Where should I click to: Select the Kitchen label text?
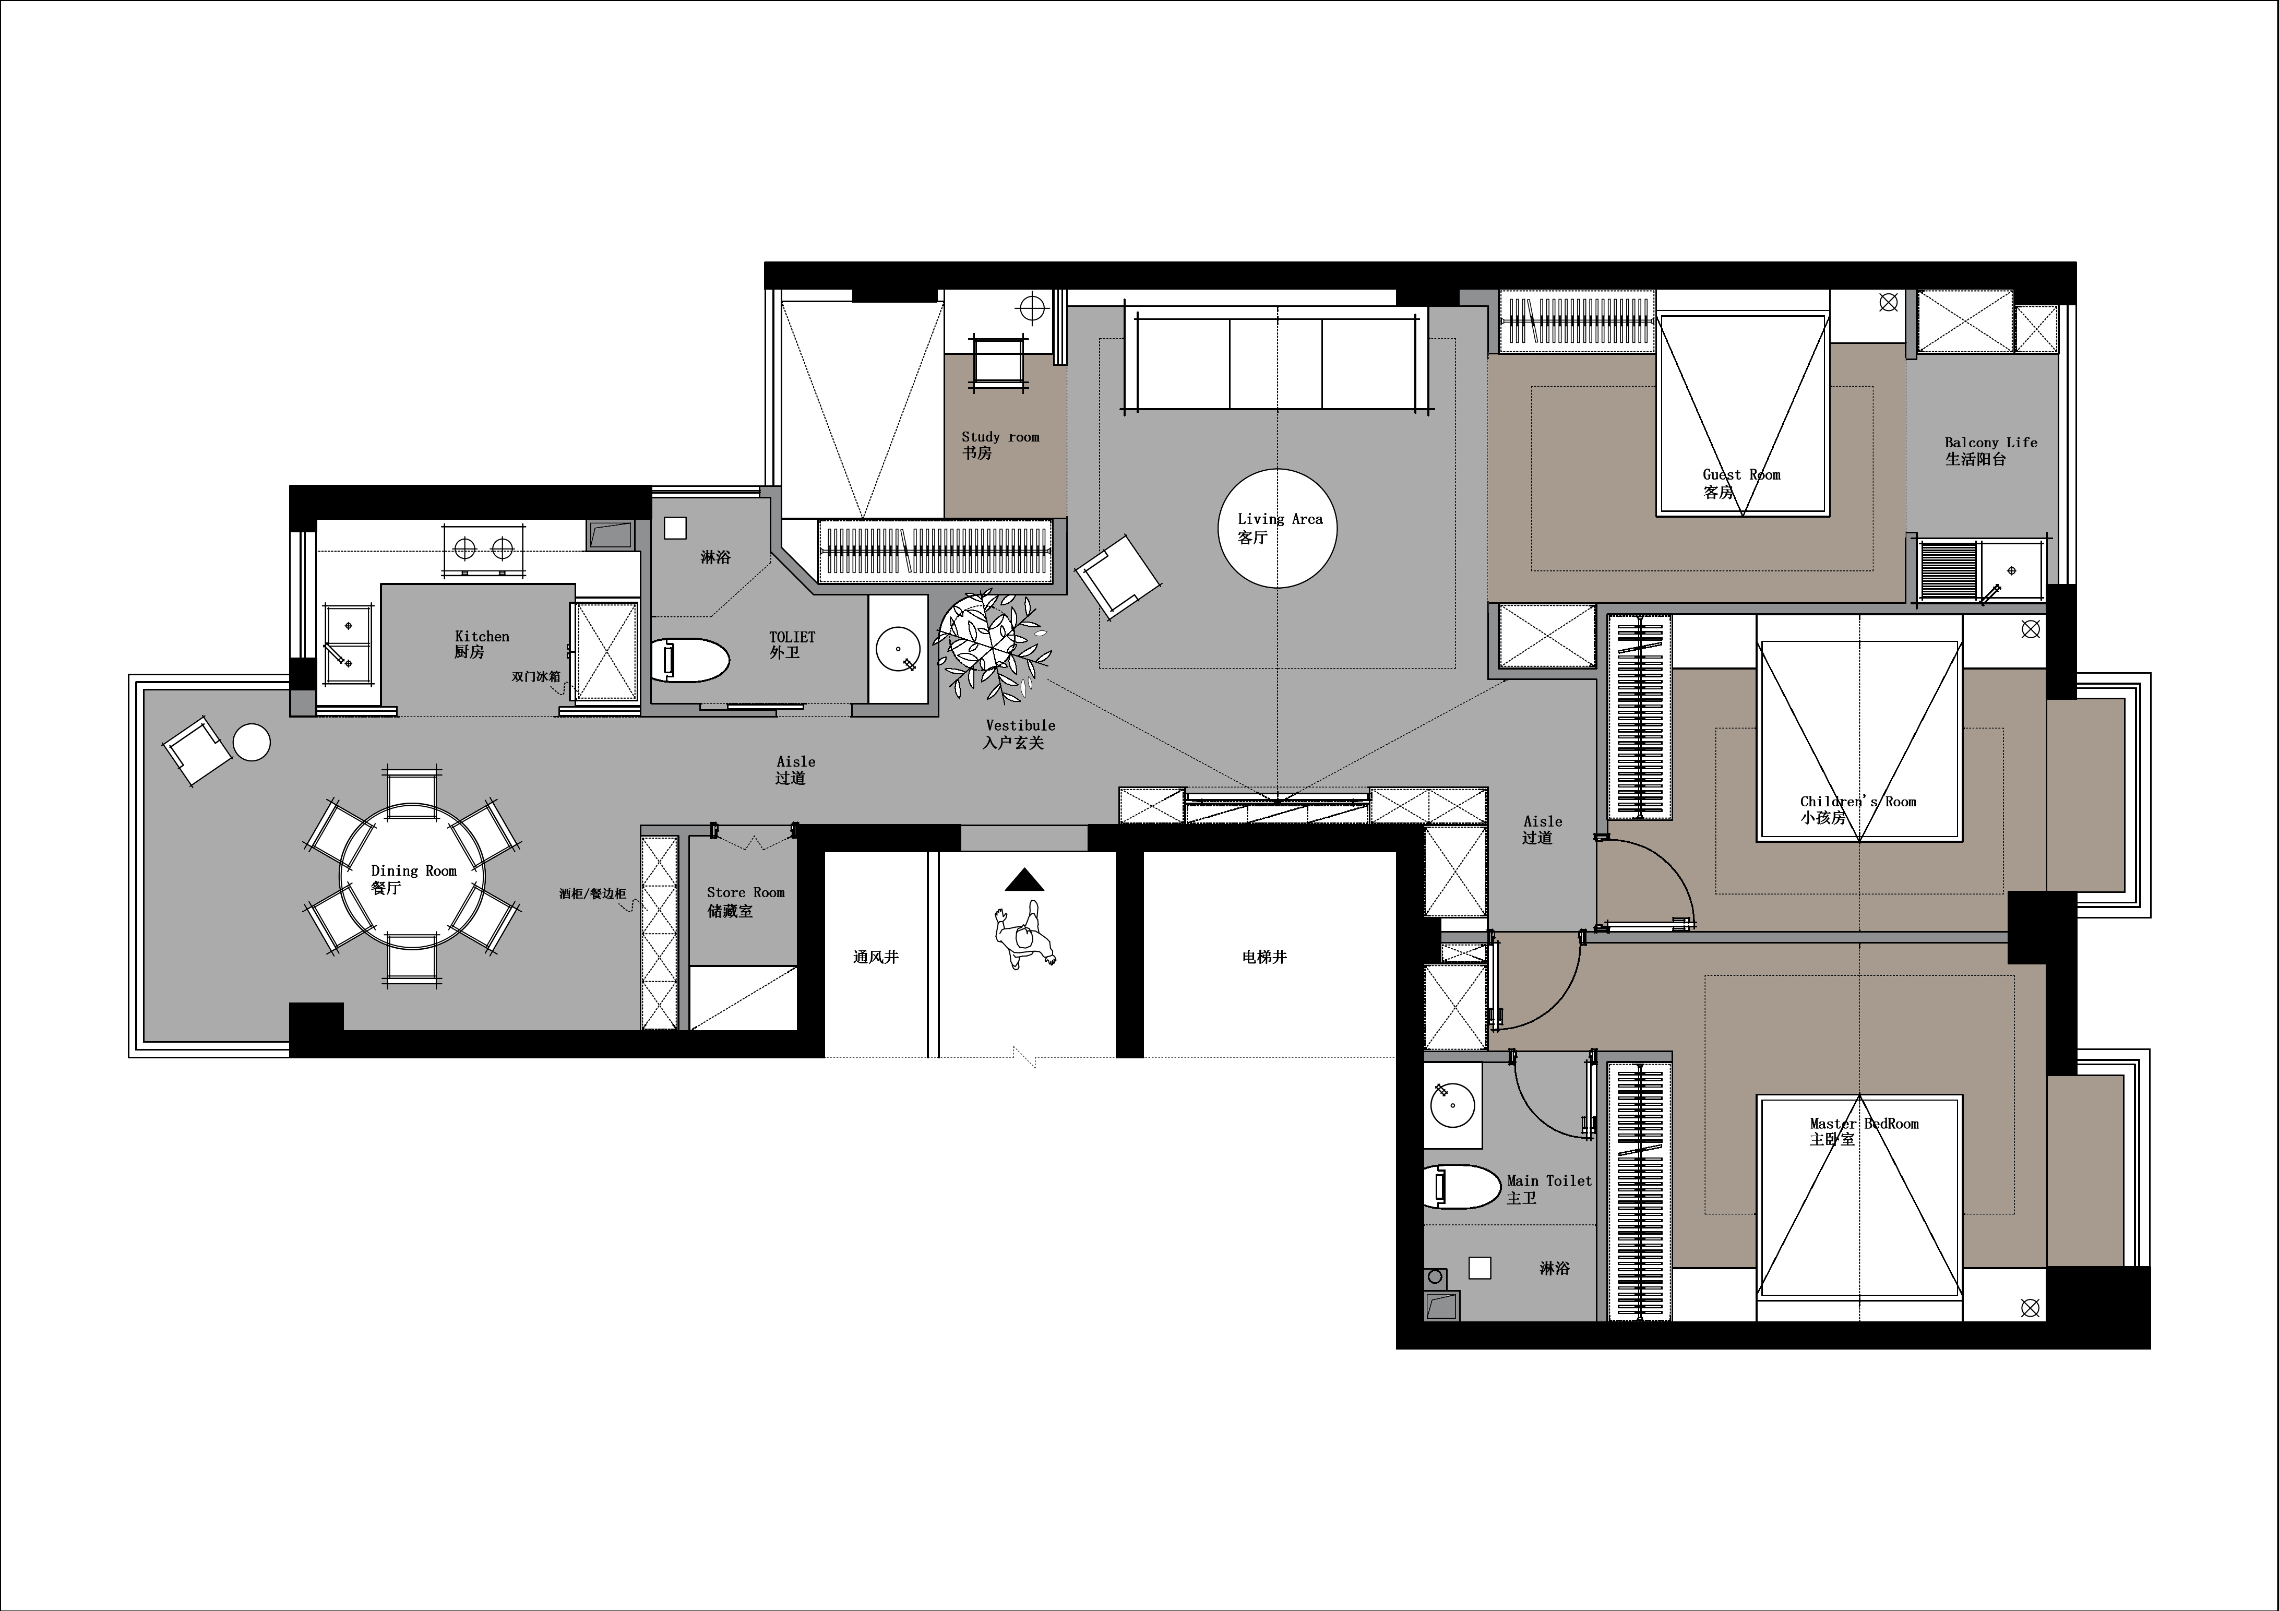click(482, 644)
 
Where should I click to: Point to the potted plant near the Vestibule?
click(993, 643)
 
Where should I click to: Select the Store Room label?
click(745, 901)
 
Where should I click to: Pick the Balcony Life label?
click(1991, 451)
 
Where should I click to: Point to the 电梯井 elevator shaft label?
click(1264, 957)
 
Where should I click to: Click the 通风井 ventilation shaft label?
click(876, 957)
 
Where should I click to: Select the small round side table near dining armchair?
click(251, 743)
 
